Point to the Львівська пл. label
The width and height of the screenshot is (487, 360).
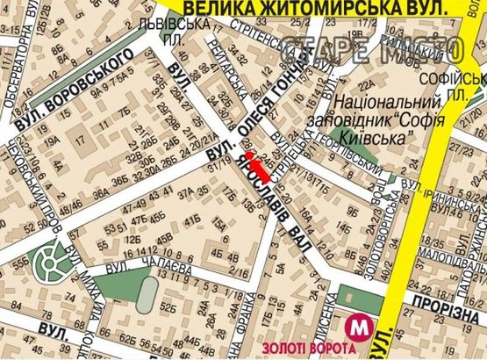click(x=179, y=33)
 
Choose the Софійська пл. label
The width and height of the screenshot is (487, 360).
click(x=469, y=83)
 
